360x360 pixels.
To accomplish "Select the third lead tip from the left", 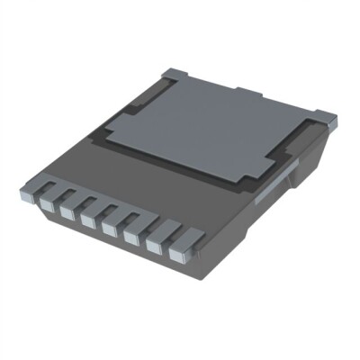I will coord(87,220).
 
